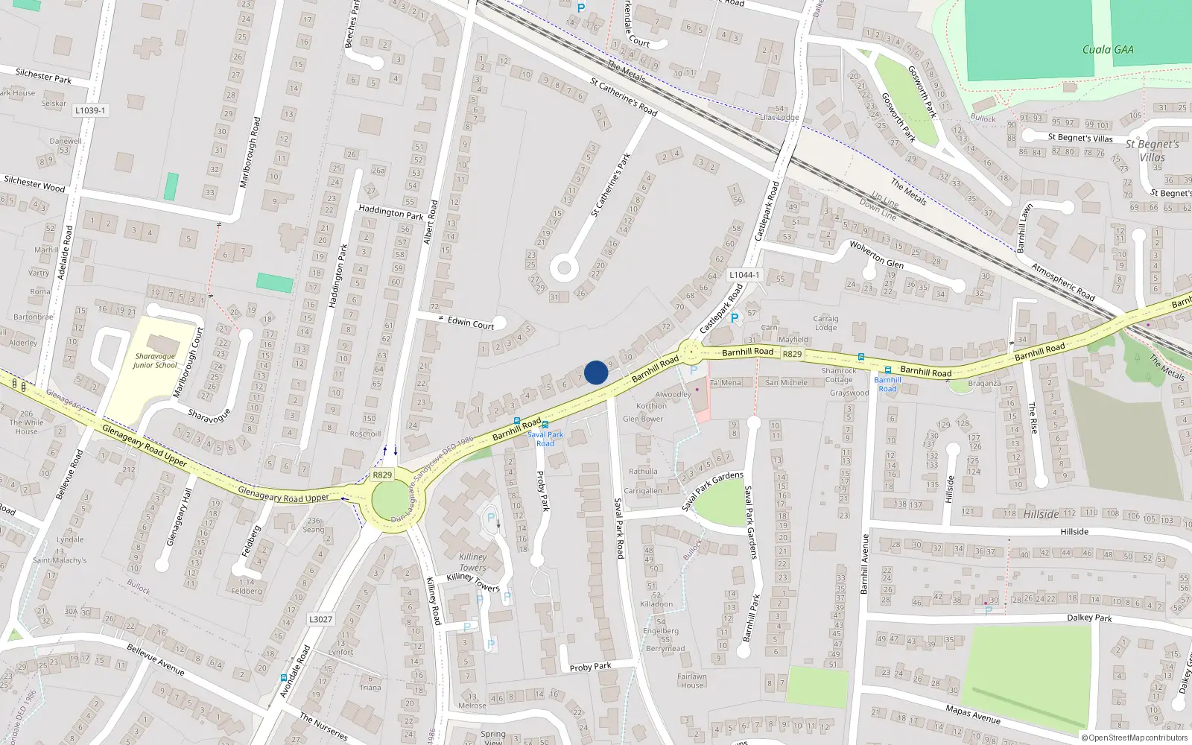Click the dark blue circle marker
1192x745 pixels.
pos(596,372)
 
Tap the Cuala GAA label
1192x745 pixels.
pos(1108,50)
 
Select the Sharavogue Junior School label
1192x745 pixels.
pos(155,361)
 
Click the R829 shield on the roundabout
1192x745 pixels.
pos(382,475)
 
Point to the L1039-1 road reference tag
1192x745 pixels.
pos(90,110)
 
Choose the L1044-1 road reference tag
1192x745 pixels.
pos(744,275)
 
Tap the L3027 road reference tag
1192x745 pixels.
pos(320,619)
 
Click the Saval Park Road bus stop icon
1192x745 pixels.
pos(545,425)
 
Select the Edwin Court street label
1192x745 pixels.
pos(471,323)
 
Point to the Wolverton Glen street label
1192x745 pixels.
pos(876,254)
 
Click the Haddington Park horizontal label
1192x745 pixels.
pos(390,212)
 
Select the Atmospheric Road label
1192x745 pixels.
pos(1062,282)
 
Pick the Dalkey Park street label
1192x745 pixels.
pos(1089,618)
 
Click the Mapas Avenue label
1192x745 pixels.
pos(973,714)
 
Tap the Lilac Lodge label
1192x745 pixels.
pos(779,117)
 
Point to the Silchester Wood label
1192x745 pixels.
pos(34,184)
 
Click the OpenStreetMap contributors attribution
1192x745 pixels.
pos(1135,738)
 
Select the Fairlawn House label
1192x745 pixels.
pos(692,681)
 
